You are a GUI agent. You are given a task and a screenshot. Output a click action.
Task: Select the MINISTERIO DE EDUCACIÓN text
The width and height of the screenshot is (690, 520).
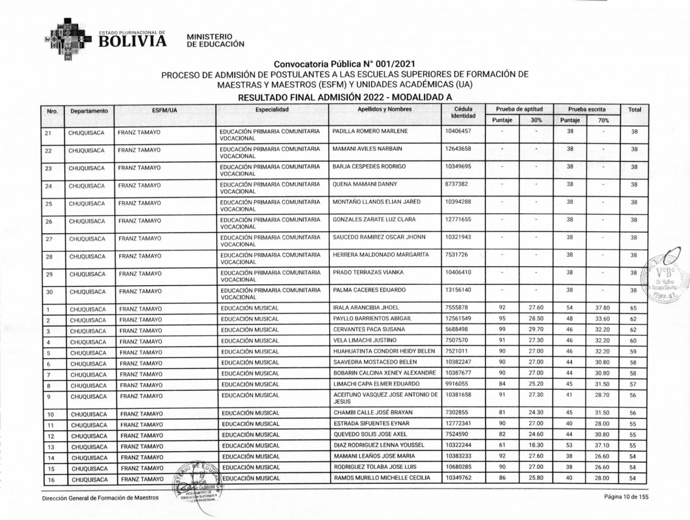point(215,40)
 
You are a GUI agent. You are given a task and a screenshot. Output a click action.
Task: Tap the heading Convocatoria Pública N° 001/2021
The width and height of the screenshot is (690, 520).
point(344,64)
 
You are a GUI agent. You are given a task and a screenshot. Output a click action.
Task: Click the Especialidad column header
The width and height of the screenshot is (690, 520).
point(272,110)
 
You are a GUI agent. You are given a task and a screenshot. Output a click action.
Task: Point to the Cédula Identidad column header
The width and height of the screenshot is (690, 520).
point(463,113)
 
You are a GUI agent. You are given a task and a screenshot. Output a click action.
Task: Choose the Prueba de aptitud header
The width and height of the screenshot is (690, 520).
point(519,109)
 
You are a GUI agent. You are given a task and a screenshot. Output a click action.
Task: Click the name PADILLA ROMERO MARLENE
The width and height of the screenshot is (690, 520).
point(370,131)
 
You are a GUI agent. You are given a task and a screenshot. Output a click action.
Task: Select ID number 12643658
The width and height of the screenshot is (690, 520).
point(458,149)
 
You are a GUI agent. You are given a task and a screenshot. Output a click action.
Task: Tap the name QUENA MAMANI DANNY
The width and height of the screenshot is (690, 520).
point(365,184)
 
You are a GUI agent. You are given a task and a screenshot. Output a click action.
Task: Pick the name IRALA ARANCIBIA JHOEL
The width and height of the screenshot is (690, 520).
point(366,308)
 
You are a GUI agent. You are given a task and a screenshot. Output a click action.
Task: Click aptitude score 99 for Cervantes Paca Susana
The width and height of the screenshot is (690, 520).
point(502,330)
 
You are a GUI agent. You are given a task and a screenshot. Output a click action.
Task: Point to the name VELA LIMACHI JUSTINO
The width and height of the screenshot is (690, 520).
point(365,340)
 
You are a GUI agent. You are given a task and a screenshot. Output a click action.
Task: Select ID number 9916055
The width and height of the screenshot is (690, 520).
point(456,384)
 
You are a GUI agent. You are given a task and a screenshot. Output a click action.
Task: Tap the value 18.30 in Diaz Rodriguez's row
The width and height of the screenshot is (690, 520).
point(536,445)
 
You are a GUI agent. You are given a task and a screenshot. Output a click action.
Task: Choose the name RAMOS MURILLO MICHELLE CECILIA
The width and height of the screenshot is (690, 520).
point(382,478)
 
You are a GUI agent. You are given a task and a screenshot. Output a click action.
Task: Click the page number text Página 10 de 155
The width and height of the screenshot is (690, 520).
point(626,497)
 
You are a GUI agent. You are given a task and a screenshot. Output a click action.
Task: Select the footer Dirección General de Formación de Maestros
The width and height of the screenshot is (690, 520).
point(100,498)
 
